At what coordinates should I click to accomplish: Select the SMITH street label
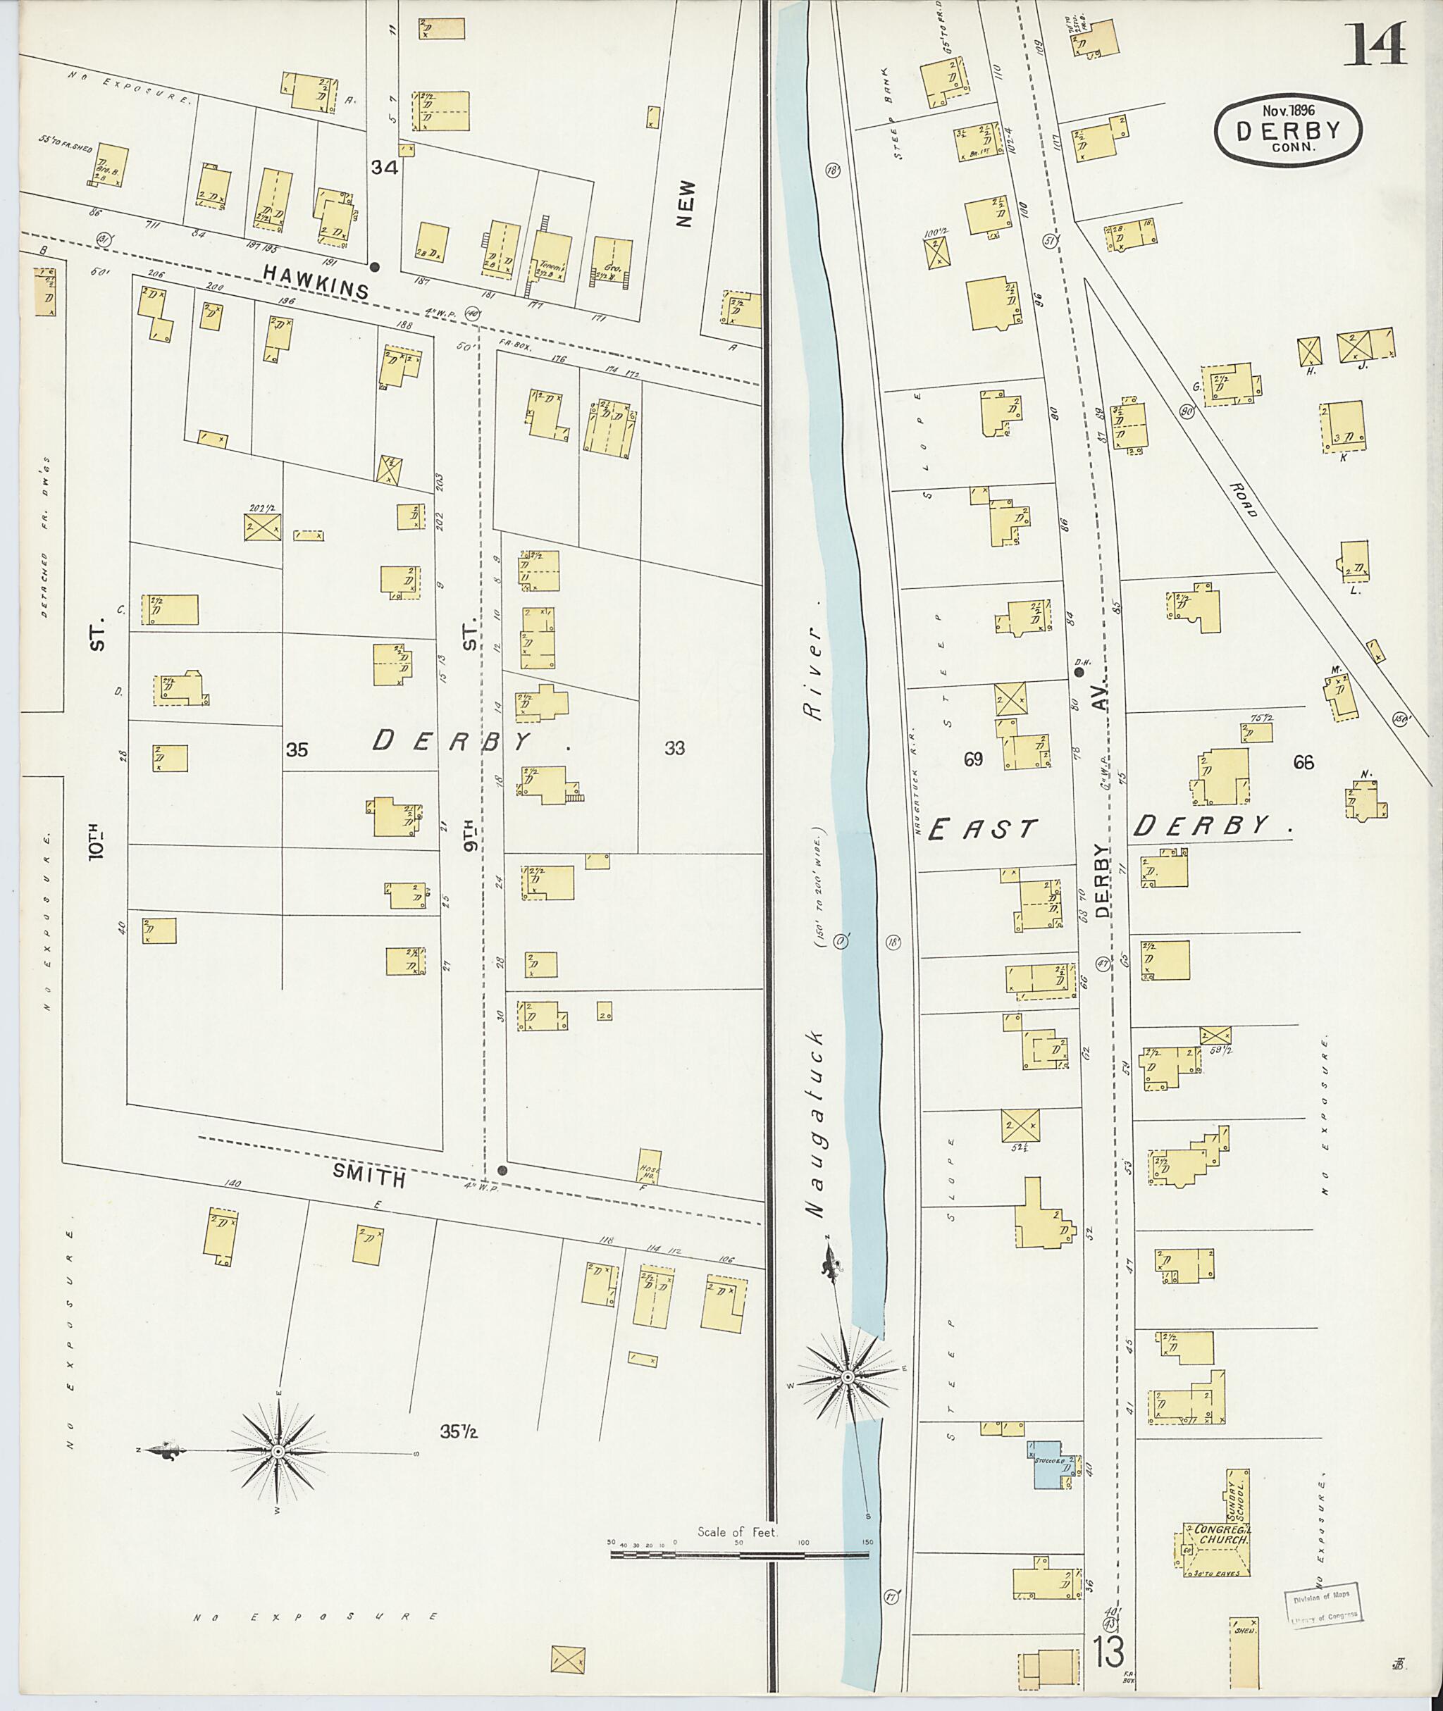pyautogui.click(x=369, y=1178)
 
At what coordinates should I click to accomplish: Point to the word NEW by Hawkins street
pyautogui.click(x=686, y=204)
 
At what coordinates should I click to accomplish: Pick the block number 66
pyautogui.click(x=1303, y=762)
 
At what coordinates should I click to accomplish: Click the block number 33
pyautogui.click(x=674, y=747)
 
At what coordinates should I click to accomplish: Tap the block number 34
pyautogui.click(x=384, y=168)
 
